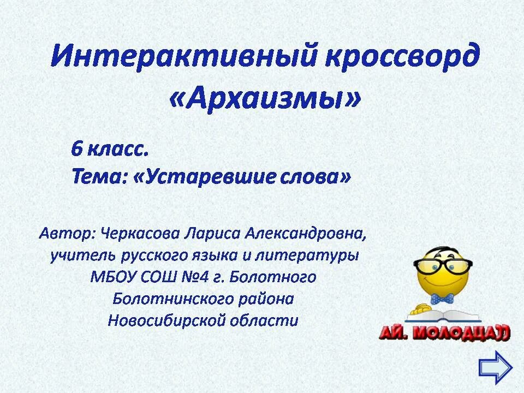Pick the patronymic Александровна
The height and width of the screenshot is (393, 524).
click(x=306, y=234)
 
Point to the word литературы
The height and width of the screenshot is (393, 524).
click(x=318, y=255)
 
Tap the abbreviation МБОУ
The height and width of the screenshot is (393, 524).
click(x=112, y=277)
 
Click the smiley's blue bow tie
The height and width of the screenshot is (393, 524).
click(x=442, y=298)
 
